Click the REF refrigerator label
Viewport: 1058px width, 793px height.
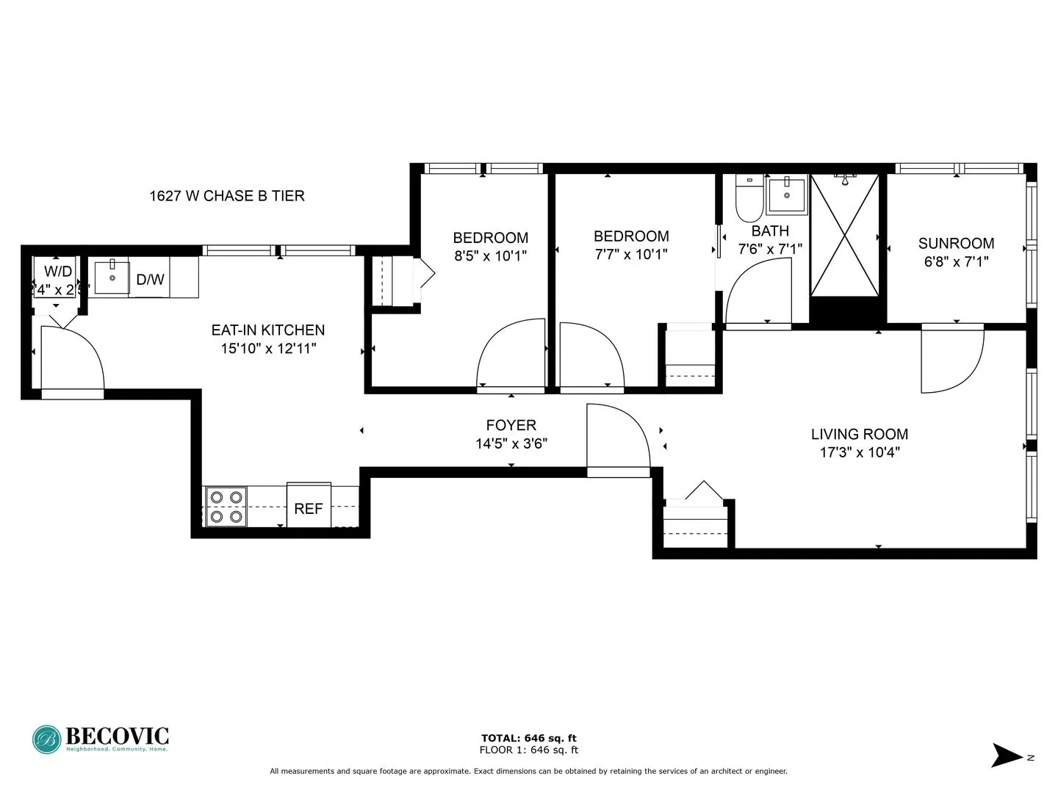point(308,508)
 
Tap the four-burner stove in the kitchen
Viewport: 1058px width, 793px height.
point(226,507)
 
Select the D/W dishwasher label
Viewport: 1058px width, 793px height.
point(150,280)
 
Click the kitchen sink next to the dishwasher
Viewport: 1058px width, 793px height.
point(112,277)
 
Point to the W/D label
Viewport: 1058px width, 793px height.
point(57,272)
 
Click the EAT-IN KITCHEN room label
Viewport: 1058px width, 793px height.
point(267,330)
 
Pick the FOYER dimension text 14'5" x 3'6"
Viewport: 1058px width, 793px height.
point(511,443)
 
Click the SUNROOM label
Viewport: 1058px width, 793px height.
point(956,243)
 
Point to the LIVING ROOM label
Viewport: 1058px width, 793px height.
point(859,434)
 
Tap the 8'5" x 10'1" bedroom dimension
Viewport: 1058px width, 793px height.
point(490,256)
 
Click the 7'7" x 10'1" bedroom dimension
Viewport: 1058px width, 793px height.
point(631,254)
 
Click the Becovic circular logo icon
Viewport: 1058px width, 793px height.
point(47,739)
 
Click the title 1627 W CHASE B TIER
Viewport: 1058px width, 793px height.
point(226,196)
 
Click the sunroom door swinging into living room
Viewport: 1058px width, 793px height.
point(951,360)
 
